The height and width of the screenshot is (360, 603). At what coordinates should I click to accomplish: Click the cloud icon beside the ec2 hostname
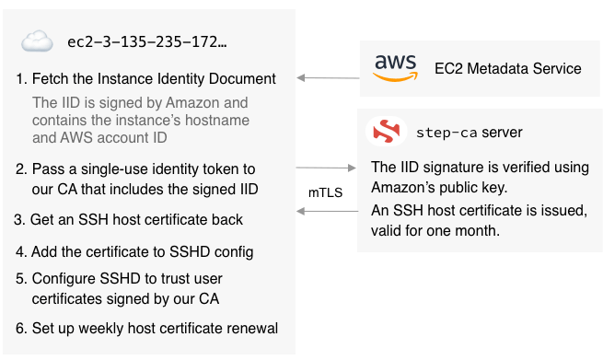pos(37,41)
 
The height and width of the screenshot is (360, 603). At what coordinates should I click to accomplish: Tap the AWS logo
pos(396,68)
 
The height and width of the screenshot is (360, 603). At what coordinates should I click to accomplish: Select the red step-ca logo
pos(385,133)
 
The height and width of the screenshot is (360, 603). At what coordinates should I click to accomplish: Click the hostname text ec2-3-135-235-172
pos(147,41)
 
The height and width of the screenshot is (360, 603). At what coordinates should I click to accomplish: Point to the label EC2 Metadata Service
pos(508,68)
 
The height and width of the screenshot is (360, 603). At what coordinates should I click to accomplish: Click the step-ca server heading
pos(470,133)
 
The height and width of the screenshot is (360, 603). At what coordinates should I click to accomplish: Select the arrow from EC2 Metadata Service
pos(327,78)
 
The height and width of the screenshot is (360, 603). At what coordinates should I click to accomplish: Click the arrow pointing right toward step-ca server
pos(327,168)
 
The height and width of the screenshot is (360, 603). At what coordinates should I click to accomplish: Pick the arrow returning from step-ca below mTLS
pos(327,212)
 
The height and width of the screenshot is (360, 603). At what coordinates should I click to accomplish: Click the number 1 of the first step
pos(21,78)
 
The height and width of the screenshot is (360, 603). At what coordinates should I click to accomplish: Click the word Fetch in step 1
pos(49,78)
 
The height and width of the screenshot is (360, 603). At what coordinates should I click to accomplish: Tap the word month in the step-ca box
pos(477,231)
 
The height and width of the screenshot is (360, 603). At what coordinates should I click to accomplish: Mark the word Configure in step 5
pos(62,278)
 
